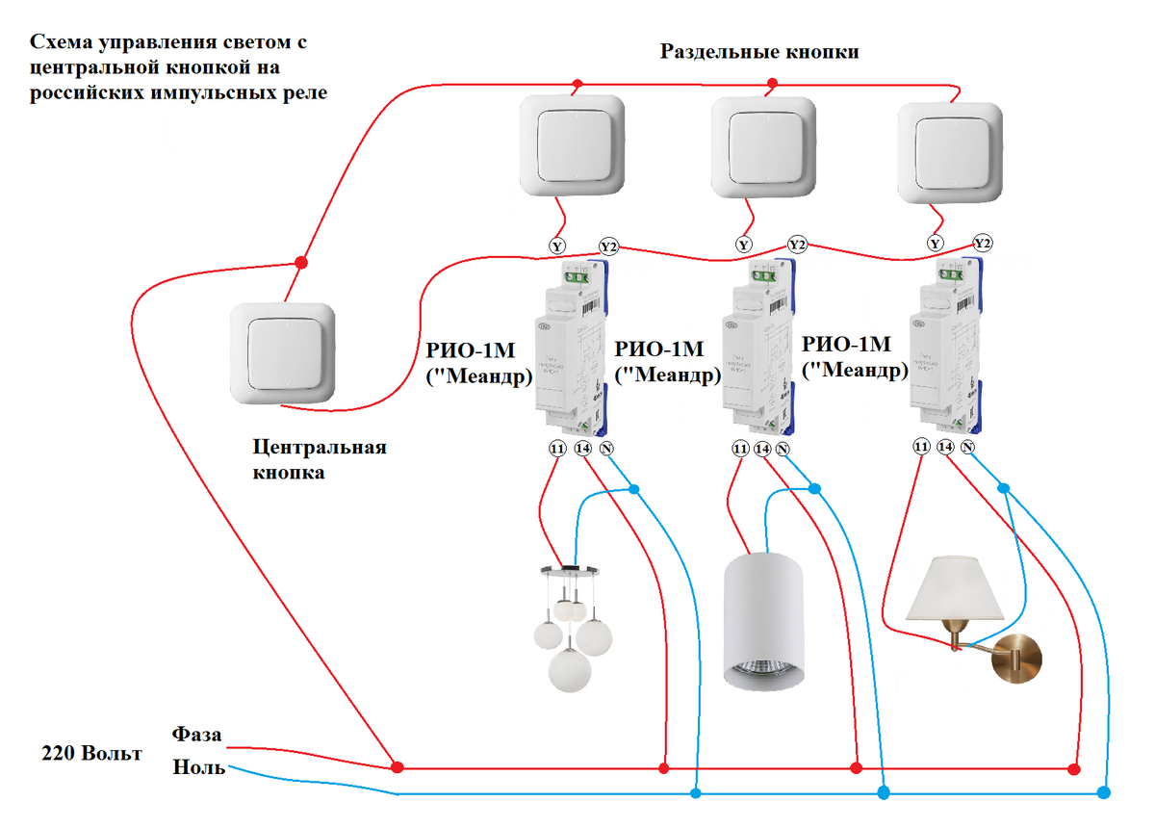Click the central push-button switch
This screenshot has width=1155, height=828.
(x=284, y=353)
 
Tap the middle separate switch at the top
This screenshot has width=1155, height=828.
(x=762, y=145)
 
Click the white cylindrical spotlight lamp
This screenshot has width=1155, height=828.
(x=763, y=622)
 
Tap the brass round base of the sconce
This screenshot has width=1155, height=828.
(x=1018, y=659)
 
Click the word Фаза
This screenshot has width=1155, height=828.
(x=197, y=735)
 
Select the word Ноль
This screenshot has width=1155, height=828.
(x=199, y=767)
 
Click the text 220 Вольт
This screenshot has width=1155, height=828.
(x=91, y=752)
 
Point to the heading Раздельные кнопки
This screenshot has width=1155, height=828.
(x=758, y=52)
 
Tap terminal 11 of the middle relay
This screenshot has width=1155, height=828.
(x=740, y=449)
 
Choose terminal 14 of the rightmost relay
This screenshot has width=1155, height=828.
(x=945, y=448)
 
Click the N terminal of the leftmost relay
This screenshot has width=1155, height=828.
(x=605, y=449)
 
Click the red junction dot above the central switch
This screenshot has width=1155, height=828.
(x=300, y=262)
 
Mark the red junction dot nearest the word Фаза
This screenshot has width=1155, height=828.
(x=396, y=767)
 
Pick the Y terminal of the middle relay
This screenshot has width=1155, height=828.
(x=742, y=245)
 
